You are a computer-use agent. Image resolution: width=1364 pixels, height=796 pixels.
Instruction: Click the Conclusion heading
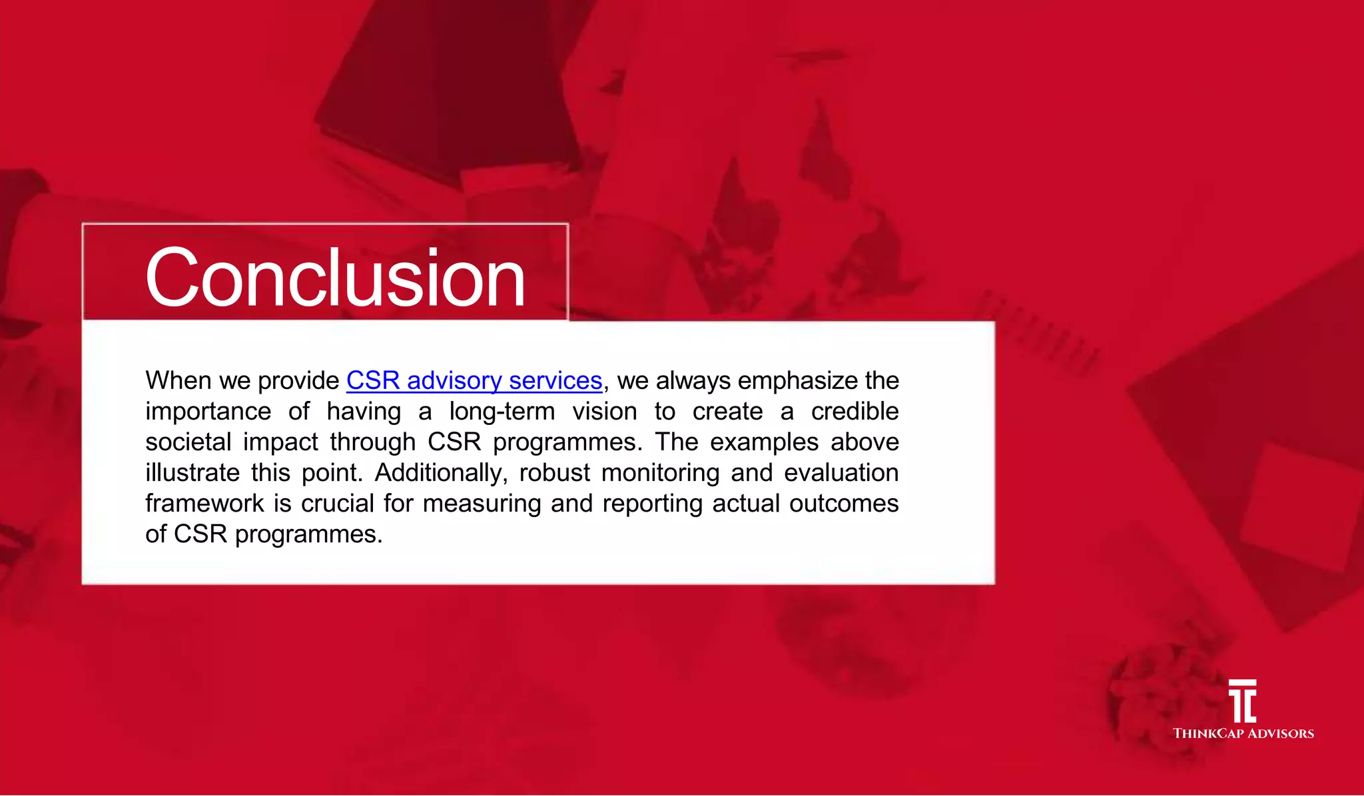(x=335, y=277)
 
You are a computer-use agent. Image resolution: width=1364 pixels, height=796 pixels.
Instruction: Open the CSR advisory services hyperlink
(x=474, y=380)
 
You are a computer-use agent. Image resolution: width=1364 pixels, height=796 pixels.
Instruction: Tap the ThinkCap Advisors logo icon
(x=1243, y=701)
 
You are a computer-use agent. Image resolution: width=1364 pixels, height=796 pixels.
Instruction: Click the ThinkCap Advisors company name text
(x=1243, y=733)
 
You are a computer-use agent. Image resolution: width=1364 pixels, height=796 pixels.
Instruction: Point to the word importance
(x=208, y=412)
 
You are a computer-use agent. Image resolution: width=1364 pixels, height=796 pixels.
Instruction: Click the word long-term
(x=502, y=412)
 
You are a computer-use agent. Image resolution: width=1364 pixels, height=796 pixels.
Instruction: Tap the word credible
(x=854, y=412)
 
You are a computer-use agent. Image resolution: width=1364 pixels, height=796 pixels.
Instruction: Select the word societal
(x=188, y=442)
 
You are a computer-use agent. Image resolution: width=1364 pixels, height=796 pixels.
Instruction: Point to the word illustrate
(x=192, y=473)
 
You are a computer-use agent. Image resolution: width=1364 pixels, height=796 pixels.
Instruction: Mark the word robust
(x=554, y=473)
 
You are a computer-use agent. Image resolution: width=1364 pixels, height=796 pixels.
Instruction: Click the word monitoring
(x=660, y=473)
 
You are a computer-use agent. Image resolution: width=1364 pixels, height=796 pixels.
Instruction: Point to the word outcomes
(x=844, y=504)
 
